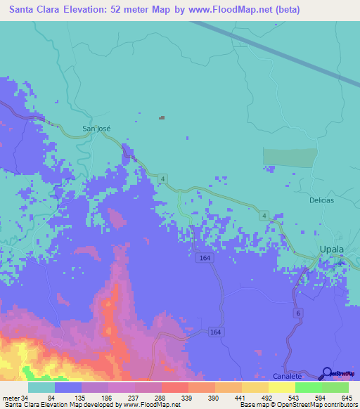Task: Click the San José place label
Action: pos(96,129)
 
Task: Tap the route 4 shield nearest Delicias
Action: pos(264,214)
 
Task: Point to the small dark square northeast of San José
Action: pos(162,117)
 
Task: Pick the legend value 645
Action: pos(347,398)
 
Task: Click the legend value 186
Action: pos(106,398)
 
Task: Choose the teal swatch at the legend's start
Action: pos(41,387)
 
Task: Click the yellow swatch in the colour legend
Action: pos(282,387)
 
